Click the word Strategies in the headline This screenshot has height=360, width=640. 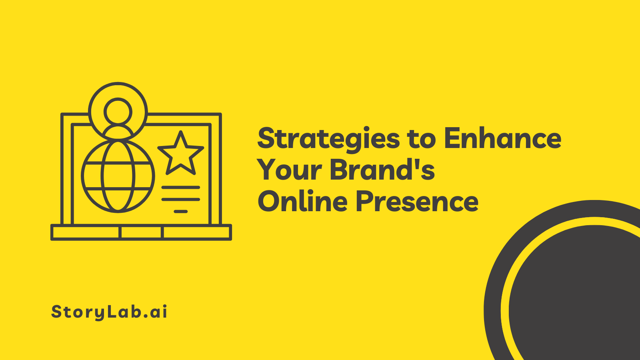[328, 139]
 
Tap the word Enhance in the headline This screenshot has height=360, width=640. [502, 138]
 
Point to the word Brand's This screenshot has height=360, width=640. [382, 170]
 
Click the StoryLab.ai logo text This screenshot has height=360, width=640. [109, 312]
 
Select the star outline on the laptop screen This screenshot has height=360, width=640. [181, 154]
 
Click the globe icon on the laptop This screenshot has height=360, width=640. [118, 176]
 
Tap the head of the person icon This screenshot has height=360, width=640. [118, 112]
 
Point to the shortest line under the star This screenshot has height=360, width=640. [181, 211]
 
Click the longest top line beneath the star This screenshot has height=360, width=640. [181, 187]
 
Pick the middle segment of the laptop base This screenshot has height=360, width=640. [142, 232]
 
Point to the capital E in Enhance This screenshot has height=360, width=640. [453, 138]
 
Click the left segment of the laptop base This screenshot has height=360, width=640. [86, 232]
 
